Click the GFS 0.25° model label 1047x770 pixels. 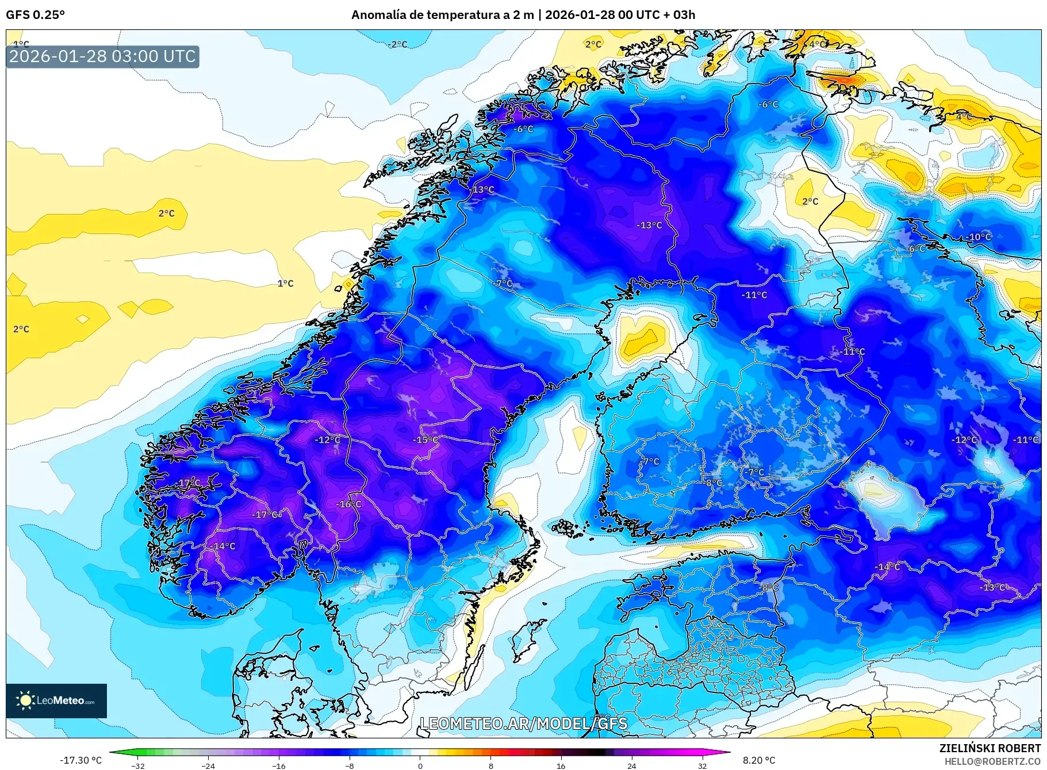pyautogui.click(x=35, y=15)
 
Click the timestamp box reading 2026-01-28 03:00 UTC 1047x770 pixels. pyautogui.click(x=102, y=56)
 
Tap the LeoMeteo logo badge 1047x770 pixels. pyautogui.click(x=56, y=700)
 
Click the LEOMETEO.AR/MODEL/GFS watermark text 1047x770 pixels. pyautogui.click(x=523, y=723)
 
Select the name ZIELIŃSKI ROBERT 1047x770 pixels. pyautogui.click(x=990, y=748)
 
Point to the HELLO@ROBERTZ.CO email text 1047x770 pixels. pyautogui.click(x=992, y=761)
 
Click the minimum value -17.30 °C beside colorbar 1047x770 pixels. pyautogui.click(x=80, y=760)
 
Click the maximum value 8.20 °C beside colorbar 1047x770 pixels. pyautogui.click(x=759, y=760)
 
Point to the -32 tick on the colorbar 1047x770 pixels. pyautogui.click(x=138, y=765)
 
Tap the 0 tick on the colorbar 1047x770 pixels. pyautogui.click(x=420, y=765)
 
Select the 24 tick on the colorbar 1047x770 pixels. pyautogui.click(x=631, y=765)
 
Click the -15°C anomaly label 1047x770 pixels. pyautogui.click(x=425, y=440)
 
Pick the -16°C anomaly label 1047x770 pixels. pyautogui.click(x=348, y=504)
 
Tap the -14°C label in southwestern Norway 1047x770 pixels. pyautogui.click(x=223, y=546)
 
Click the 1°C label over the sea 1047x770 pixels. pyautogui.click(x=285, y=284)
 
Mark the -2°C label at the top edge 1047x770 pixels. pyautogui.click(x=397, y=44)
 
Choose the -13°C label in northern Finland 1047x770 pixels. pyautogui.click(x=649, y=225)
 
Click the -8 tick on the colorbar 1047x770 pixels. pyautogui.click(x=350, y=765)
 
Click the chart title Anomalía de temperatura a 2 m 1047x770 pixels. pyautogui.click(x=442, y=15)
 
